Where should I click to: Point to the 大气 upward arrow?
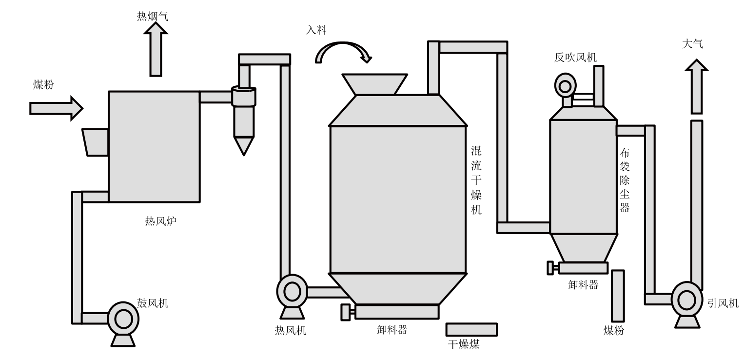(697, 85)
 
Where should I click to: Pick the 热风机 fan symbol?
(292, 293)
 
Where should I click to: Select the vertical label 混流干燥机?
(476, 180)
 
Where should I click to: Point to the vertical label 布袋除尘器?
(625, 180)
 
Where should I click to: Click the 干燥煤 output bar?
(471, 329)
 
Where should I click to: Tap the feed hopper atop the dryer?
(374, 84)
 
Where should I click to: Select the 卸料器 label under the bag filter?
(583, 285)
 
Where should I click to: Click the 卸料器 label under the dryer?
(392, 330)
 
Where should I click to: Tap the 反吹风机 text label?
(575, 58)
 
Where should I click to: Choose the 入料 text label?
(316, 30)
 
